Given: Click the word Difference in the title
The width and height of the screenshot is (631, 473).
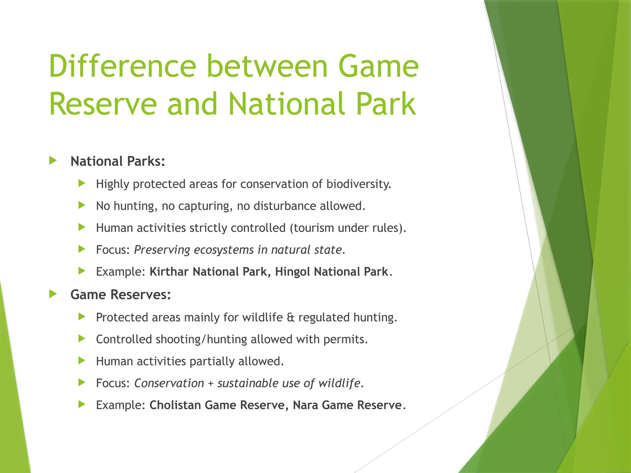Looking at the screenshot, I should [x=122, y=66].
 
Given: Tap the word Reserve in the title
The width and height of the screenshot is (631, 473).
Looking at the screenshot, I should [x=103, y=104].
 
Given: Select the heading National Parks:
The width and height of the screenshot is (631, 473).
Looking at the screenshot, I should [x=118, y=161].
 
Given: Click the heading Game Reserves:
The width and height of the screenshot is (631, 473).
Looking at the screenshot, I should [x=120, y=295].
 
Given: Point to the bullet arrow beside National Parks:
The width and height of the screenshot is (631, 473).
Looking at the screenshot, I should [x=53, y=160].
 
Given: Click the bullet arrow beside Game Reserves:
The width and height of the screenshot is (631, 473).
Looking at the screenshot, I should [x=53, y=294].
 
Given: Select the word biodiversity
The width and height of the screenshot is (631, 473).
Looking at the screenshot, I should [x=358, y=184].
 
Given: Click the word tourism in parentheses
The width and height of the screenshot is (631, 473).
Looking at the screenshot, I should [x=314, y=228].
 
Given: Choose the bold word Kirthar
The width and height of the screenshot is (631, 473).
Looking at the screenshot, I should [x=169, y=272].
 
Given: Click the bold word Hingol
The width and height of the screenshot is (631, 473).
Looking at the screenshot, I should [x=292, y=272].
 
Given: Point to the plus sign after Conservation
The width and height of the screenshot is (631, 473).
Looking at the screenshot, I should [x=210, y=383].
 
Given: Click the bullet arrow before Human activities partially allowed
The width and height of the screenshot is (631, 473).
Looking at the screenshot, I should [x=82, y=360].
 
